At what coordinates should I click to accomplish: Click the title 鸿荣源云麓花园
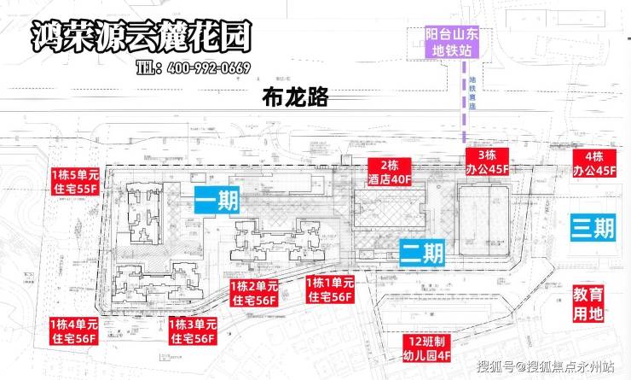coord(141,35)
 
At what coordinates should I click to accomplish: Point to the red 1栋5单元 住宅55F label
coord(75,180)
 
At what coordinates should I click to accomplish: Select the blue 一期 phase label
coord(217,201)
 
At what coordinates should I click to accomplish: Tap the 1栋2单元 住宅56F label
coord(254,291)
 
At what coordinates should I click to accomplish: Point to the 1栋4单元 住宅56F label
coord(72,331)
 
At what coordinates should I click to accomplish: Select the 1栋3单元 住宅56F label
coord(192,331)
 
